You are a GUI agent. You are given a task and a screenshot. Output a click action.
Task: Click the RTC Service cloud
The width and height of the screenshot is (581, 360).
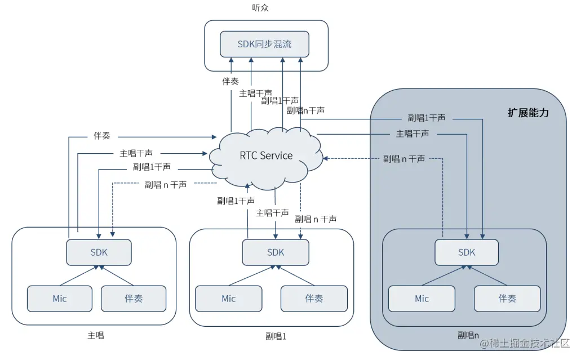[266, 155]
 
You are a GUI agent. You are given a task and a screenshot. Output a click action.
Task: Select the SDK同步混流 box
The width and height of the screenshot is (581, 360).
[264, 44]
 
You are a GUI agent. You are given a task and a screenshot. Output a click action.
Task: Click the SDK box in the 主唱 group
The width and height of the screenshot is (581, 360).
[99, 252]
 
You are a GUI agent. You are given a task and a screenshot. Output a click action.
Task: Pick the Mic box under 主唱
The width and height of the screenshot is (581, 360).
[60, 299]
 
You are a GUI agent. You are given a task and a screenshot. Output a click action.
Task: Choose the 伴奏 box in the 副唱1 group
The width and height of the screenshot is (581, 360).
[314, 299]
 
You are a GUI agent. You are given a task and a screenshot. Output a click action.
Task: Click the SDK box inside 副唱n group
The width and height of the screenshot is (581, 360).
[467, 252]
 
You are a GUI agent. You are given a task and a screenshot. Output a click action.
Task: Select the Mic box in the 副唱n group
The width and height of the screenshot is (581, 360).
[422, 299]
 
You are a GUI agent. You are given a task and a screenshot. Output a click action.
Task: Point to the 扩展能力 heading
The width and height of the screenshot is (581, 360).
[528, 113]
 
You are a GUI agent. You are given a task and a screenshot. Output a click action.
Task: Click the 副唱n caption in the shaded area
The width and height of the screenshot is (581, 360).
[469, 335]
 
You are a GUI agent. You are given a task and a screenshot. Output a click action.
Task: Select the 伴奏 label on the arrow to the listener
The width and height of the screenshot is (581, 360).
[230, 81]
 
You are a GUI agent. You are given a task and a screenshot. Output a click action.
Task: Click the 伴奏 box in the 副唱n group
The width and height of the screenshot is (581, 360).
[507, 299]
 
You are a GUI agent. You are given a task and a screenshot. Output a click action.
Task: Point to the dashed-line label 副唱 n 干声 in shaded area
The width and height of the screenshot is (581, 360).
[404, 159]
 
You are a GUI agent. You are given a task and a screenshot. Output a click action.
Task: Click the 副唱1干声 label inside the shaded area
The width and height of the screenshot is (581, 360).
[427, 118]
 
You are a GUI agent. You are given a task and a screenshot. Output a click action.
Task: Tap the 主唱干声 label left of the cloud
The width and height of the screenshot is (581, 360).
[136, 153]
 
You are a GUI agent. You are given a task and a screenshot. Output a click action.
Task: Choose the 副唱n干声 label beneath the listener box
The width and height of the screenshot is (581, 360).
[305, 110]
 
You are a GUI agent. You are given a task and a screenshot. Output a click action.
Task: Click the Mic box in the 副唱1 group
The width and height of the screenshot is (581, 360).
[228, 299]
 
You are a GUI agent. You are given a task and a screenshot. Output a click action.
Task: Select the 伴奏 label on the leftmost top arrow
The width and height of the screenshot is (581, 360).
[101, 136]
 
